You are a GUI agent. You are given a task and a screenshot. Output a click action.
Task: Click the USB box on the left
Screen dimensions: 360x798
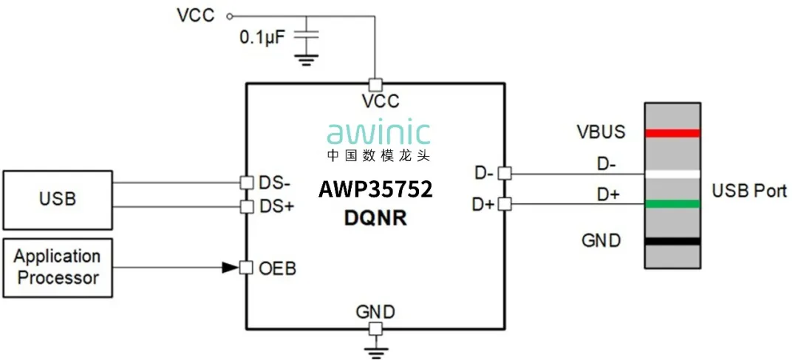coord(57,199)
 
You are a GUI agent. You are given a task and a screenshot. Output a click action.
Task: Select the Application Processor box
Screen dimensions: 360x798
coord(57,267)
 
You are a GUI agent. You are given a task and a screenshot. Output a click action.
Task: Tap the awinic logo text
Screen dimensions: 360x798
coord(379,133)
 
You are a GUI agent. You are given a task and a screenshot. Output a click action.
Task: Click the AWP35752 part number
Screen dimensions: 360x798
coord(375,189)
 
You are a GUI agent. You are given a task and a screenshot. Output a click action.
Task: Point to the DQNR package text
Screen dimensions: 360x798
coord(376,219)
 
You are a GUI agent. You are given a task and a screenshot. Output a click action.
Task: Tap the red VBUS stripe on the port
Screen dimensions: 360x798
coord(672,134)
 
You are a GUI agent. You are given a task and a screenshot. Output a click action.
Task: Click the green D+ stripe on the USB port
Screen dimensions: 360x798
coord(672,203)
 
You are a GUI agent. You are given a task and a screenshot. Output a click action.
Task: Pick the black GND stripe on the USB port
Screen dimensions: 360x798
coord(672,241)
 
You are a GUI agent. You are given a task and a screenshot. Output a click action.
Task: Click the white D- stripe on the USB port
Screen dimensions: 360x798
coord(672,174)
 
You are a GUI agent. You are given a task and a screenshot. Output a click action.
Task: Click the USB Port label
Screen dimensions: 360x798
coord(749,191)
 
